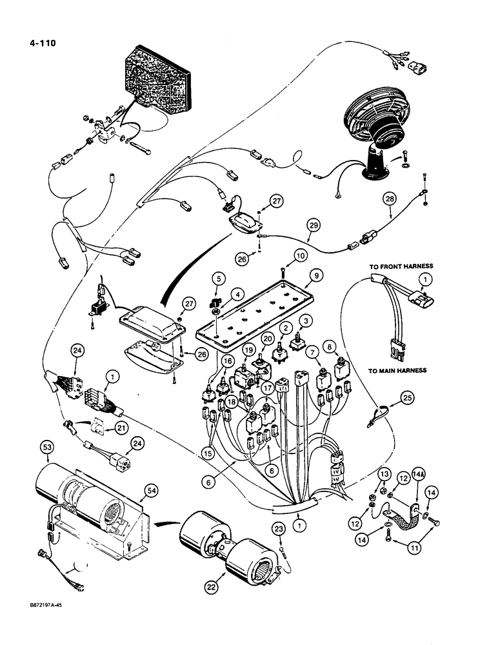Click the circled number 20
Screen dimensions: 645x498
click(x=266, y=339)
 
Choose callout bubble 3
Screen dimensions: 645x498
click(x=307, y=320)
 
